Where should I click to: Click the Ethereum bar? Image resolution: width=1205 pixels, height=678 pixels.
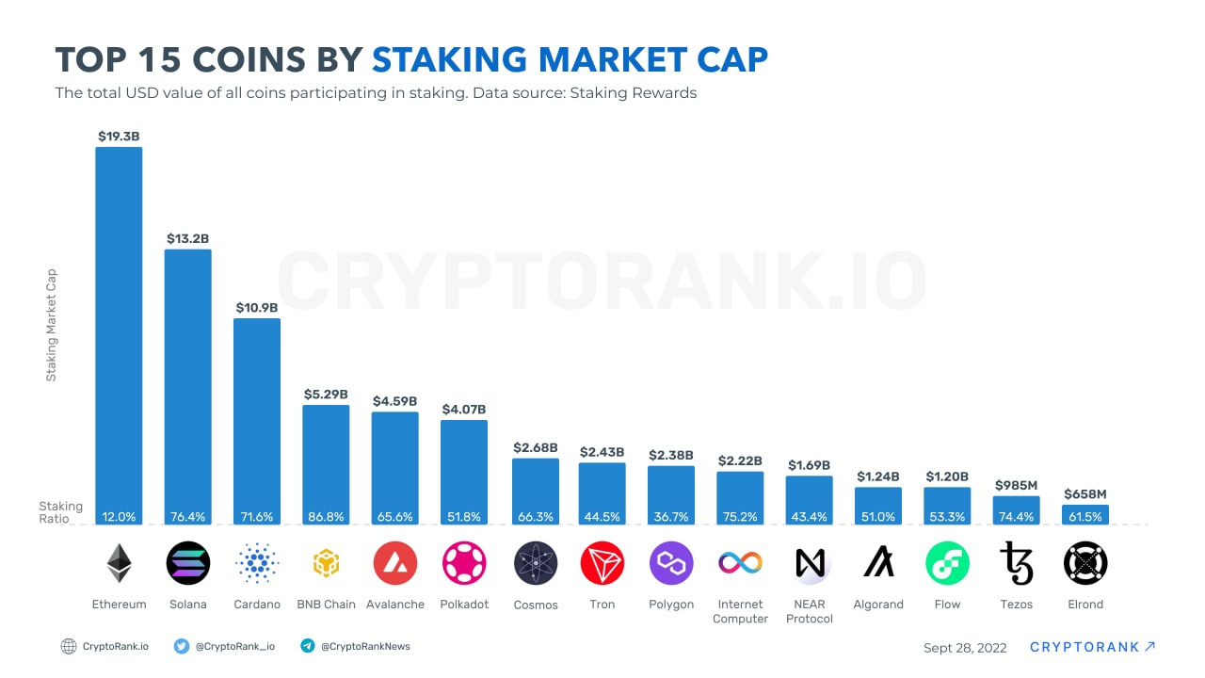coord(119,330)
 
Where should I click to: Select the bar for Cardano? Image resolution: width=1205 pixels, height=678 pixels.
coord(257,419)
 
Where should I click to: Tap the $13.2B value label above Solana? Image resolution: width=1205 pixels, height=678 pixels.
coord(188,238)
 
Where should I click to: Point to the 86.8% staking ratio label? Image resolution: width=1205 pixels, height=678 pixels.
coord(326,517)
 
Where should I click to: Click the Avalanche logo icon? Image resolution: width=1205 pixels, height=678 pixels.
coord(395,563)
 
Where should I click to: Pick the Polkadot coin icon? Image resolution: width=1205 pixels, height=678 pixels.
coord(464,563)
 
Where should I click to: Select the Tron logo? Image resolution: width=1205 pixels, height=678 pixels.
coord(602,563)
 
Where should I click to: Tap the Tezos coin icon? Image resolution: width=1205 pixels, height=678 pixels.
coord(1017,563)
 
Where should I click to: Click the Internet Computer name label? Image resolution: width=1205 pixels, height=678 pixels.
coord(740,611)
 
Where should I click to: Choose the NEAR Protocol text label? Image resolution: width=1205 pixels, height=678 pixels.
coord(810,611)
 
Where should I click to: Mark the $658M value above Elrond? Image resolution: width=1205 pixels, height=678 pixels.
coord(1085,493)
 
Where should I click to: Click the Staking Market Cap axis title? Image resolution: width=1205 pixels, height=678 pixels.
coord(52,325)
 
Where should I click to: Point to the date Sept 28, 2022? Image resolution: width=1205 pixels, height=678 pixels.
coord(965,648)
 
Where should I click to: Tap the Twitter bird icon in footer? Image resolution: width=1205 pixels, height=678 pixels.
coord(182,646)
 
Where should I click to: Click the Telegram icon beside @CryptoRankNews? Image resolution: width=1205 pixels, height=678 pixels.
coord(307,646)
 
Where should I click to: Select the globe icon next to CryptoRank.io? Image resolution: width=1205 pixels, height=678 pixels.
coord(69,646)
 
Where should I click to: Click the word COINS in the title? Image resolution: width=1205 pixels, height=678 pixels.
coord(248,59)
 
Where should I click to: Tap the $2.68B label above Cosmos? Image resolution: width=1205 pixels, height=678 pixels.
coord(535,447)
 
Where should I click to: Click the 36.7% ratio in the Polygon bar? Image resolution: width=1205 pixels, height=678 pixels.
coord(671,517)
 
